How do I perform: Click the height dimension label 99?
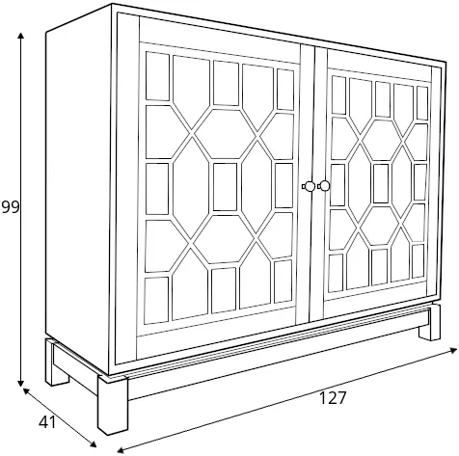(x=11, y=207)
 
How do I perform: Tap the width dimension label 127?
(x=333, y=398)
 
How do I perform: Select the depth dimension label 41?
(x=47, y=422)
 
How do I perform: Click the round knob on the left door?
(x=309, y=186)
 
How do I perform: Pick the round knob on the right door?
(x=324, y=186)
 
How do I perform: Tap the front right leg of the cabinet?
(x=429, y=322)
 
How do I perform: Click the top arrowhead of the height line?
(x=21, y=36)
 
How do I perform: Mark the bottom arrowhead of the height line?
(x=21, y=383)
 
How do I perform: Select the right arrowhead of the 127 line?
(x=453, y=350)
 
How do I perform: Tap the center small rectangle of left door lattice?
(x=225, y=187)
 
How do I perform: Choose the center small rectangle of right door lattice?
(x=381, y=183)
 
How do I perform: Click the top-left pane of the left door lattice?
(x=157, y=76)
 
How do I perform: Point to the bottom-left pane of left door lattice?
(x=156, y=301)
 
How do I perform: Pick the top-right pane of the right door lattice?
(x=422, y=103)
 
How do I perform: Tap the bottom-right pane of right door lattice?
(x=418, y=261)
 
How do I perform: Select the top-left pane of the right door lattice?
(x=338, y=94)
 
